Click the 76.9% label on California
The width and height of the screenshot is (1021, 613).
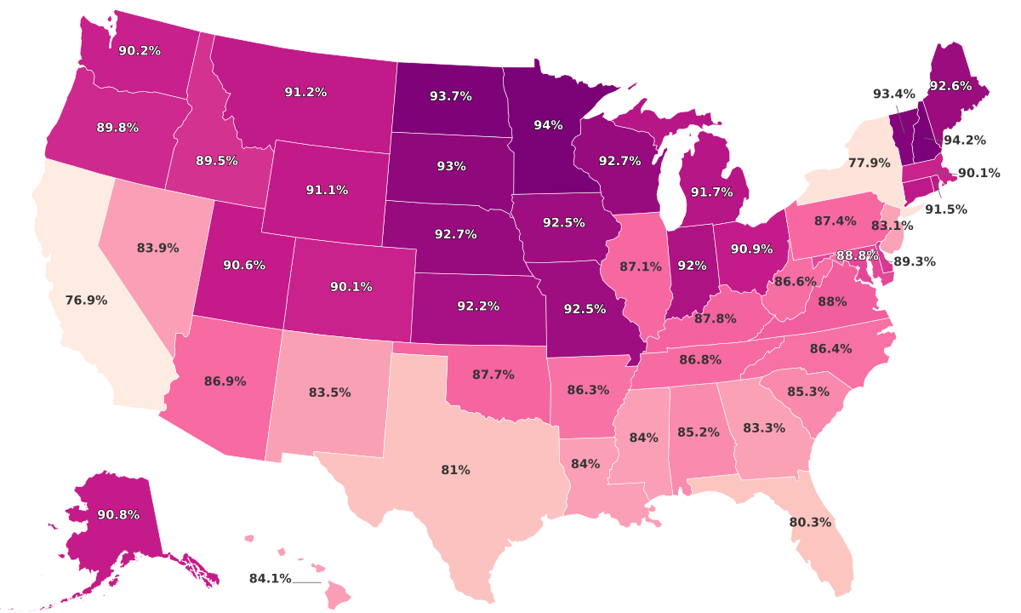[86, 301]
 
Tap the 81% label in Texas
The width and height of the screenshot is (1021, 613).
[455, 470]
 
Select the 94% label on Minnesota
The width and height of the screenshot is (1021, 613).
[548, 125]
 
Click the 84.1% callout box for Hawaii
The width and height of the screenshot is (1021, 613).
[270, 579]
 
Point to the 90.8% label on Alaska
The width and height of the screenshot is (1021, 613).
[118, 515]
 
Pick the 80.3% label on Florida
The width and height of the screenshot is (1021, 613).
[810, 522]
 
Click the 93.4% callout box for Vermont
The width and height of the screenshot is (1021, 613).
[894, 94]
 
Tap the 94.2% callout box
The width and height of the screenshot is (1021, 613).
[965, 140]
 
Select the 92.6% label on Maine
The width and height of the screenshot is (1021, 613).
[950, 86]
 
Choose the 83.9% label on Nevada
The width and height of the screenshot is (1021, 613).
[157, 249]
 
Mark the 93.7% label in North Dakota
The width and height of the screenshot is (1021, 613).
[451, 96]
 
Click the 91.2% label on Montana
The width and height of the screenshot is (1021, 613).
[305, 92]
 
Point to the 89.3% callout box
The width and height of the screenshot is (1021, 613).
[914, 263]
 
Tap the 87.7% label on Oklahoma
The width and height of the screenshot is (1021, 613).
[493, 375]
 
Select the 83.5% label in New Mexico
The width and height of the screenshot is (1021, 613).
[330, 392]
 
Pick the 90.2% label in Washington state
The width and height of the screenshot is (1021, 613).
[140, 51]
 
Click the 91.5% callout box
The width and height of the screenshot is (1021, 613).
[945, 209]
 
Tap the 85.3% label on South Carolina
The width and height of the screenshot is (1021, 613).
[808, 392]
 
